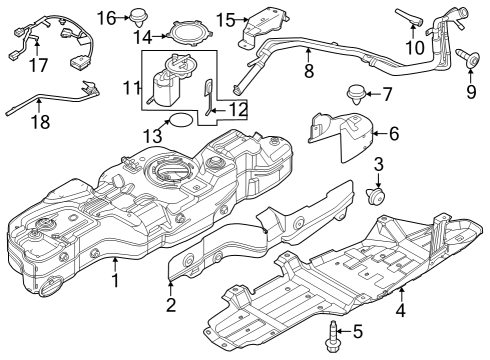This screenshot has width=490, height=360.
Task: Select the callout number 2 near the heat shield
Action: (170, 304)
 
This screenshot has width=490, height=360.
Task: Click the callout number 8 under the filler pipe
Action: (309, 72)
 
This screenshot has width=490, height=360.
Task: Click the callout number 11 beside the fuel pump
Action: (129, 88)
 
